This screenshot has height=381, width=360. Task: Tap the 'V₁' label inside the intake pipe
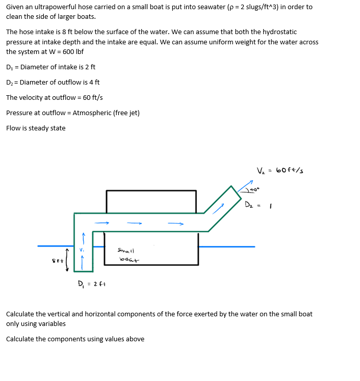point(81,250)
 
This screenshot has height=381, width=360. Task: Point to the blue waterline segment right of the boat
point(226,247)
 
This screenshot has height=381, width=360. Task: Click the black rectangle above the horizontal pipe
point(151,201)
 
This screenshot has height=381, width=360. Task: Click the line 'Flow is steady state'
point(36,128)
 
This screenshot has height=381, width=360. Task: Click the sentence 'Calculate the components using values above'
point(75,339)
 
